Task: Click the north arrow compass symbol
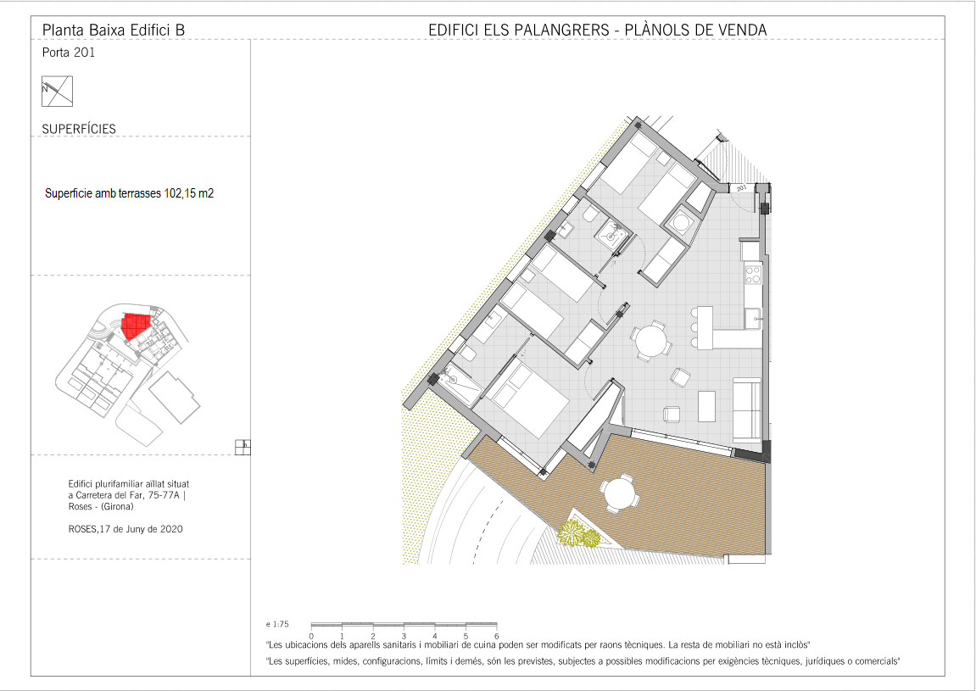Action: click(58, 91)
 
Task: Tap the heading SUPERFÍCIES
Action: click(79, 129)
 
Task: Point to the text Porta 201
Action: click(69, 53)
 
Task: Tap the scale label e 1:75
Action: click(277, 624)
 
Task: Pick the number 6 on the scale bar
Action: click(496, 636)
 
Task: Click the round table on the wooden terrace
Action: click(619, 493)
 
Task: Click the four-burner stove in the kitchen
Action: click(753, 275)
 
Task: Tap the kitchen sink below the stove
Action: click(754, 318)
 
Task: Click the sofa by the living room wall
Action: click(747, 410)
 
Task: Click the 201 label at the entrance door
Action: click(741, 187)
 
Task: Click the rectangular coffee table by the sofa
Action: click(706, 406)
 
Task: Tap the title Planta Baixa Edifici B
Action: click(114, 30)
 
